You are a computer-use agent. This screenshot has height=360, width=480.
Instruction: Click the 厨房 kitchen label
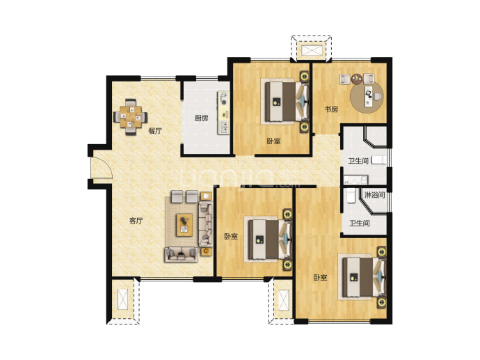201,118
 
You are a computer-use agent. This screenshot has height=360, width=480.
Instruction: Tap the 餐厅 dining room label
155,131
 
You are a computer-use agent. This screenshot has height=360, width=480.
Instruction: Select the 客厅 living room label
136,221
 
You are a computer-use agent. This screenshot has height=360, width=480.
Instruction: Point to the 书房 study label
331,109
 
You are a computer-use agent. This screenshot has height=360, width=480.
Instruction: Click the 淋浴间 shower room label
374,194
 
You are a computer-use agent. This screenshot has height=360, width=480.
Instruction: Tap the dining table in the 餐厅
131,116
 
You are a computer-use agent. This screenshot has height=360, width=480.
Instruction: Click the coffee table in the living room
184,225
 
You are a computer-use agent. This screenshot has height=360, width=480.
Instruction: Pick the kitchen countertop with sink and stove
223,112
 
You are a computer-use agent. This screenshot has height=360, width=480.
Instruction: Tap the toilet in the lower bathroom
351,196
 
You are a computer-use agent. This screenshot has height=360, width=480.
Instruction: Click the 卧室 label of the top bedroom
273,141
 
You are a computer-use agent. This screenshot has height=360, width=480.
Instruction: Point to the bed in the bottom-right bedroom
362,277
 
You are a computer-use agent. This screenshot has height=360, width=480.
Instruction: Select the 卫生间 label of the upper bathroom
358,161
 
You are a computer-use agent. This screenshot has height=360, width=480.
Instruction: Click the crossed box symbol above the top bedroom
312,51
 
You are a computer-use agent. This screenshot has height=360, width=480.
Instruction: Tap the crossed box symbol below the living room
123,299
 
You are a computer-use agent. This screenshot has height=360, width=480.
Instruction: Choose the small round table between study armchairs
357,79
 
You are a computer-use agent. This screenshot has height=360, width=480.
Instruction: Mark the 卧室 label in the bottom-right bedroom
320,278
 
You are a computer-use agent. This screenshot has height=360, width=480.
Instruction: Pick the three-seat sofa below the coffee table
181,254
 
